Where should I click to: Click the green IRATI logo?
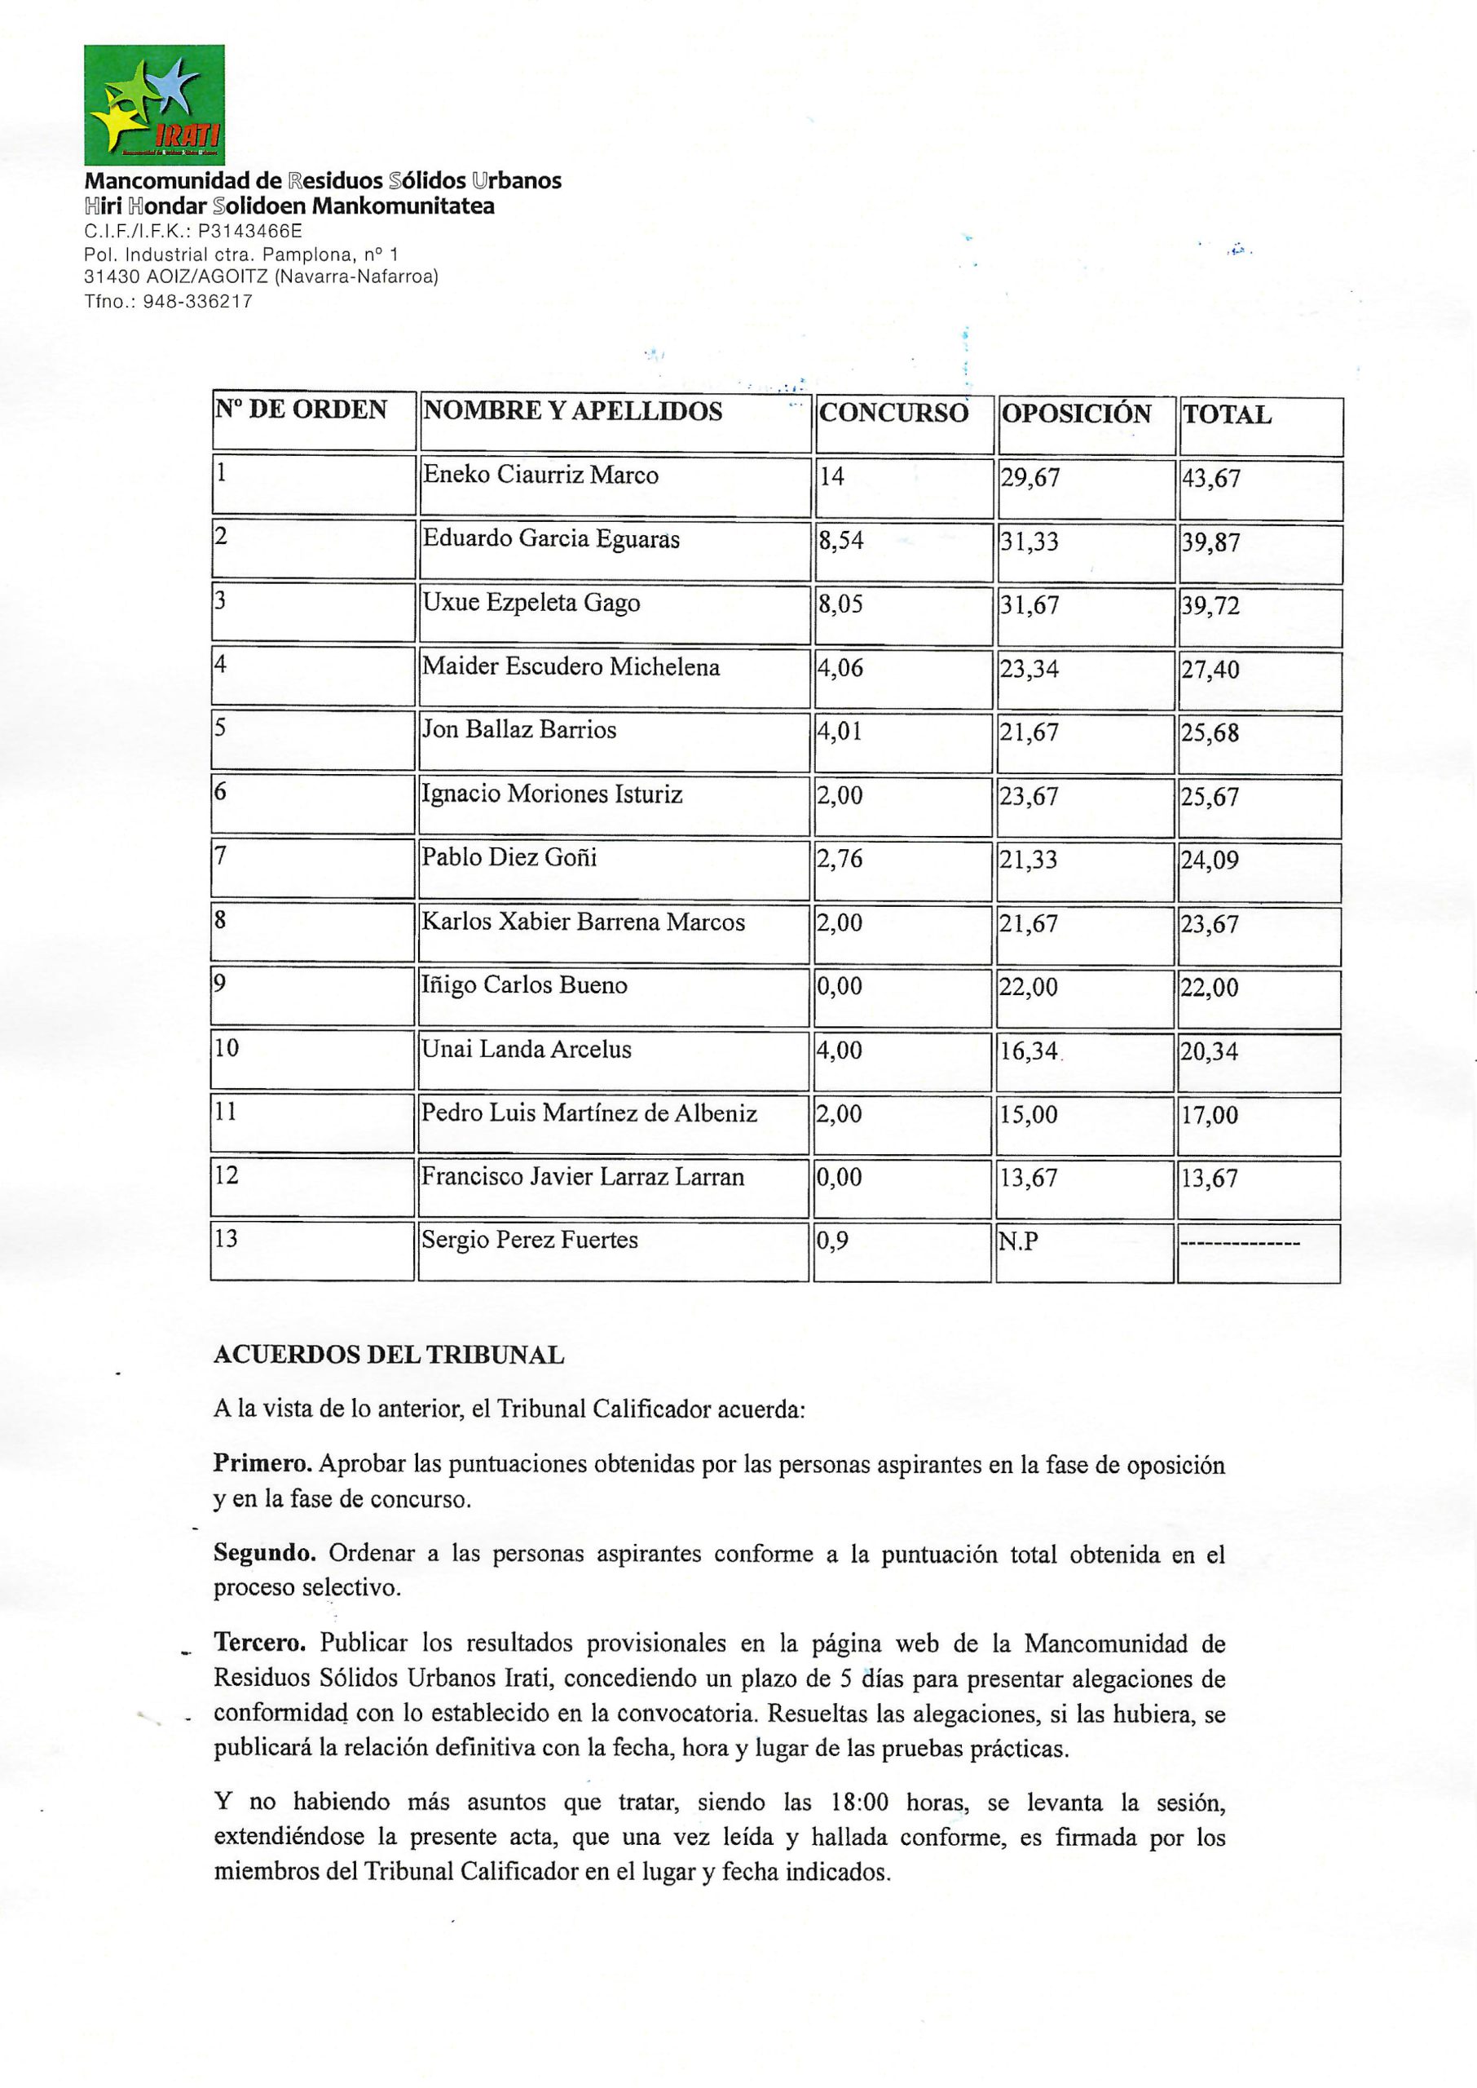click(154, 104)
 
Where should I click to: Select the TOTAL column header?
click(1226, 415)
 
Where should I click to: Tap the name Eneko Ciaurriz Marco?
click(540, 475)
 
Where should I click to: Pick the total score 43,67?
click(1210, 479)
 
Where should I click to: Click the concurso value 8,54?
click(840, 542)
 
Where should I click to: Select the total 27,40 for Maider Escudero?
click(1210, 670)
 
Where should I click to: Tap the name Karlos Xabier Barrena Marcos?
click(583, 922)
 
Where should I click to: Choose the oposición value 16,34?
click(1029, 1051)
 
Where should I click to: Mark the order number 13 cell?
click(226, 1238)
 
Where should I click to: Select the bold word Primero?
click(262, 1464)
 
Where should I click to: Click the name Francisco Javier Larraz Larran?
click(582, 1176)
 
